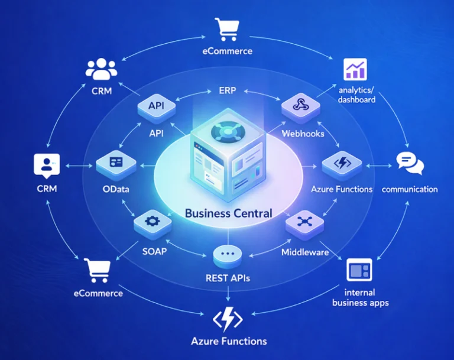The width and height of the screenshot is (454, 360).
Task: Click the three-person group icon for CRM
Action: (102, 69)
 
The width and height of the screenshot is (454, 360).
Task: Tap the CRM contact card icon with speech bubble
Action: (47, 166)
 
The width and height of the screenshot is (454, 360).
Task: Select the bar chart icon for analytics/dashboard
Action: (356, 70)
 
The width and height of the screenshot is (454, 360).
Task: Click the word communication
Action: (410, 189)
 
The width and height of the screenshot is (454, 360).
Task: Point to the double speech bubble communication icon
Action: (410, 163)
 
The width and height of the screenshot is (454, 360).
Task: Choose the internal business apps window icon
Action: (359, 271)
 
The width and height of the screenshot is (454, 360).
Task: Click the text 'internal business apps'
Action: (360, 297)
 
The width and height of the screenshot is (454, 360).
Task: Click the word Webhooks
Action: (303, 133)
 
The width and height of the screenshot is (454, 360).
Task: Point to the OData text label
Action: (116, 189)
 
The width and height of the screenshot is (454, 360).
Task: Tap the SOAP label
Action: (154, 251)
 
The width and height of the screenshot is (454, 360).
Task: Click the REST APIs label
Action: (228, 277)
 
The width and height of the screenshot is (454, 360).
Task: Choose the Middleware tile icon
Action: (304, 222)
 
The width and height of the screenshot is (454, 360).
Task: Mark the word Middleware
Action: (305, 252)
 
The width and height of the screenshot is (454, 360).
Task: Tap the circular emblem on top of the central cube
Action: (227, 131)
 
